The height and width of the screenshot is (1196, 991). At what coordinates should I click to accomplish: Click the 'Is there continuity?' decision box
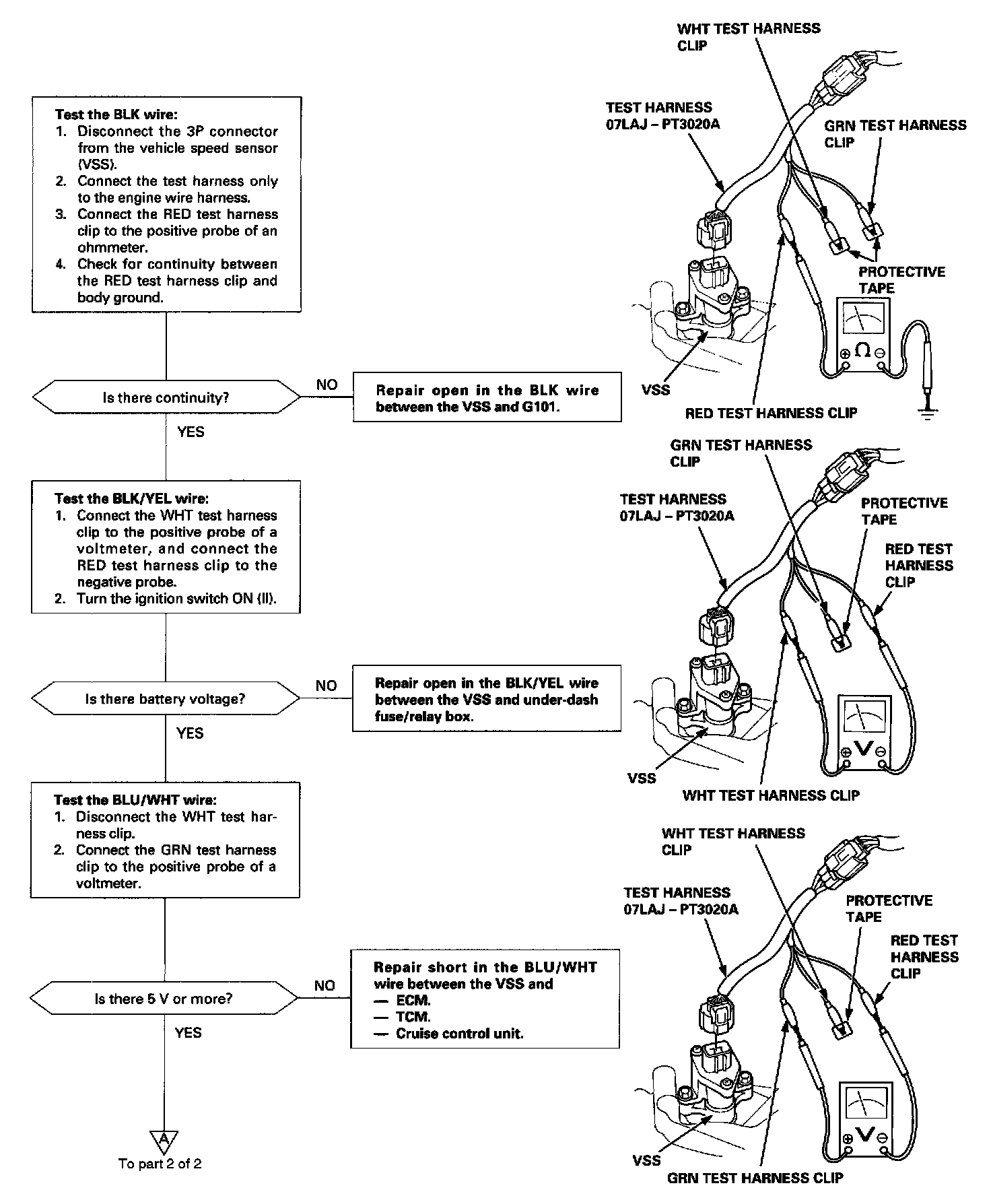coord(166,397)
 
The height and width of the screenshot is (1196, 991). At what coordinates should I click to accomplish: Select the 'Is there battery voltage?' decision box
coord(165,698)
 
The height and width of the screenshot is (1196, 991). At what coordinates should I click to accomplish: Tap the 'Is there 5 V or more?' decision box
coord(164,999)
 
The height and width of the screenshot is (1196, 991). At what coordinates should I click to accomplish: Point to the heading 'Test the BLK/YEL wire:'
coord(131,498)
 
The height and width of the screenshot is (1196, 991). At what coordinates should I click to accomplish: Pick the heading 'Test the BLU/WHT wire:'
coord(135,800)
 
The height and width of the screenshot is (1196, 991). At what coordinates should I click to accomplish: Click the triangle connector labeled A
coord(163,1139)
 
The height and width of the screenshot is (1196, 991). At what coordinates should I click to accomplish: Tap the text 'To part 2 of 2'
coord(160,1164)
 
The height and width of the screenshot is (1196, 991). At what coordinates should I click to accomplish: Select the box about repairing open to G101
coord(487,398)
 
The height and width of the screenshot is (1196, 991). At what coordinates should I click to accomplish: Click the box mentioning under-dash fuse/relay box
coord(486,699)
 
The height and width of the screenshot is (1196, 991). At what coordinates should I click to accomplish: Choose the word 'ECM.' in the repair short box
coord(413,1001)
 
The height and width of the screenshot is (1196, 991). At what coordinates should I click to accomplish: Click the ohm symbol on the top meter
coord(862,350)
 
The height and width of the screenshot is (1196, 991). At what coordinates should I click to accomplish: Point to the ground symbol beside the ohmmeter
coord(928,412)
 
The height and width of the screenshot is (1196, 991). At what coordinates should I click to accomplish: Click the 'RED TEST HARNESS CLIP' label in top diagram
coord(771,413)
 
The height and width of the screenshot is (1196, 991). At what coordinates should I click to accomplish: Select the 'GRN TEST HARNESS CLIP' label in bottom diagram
coord(755,1178)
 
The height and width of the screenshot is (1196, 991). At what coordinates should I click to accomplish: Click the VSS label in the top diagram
coord(656,389)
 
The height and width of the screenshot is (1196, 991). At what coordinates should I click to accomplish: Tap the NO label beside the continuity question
coord(327,385)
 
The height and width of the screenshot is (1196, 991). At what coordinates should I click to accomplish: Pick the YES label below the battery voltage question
coord(190,733)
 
